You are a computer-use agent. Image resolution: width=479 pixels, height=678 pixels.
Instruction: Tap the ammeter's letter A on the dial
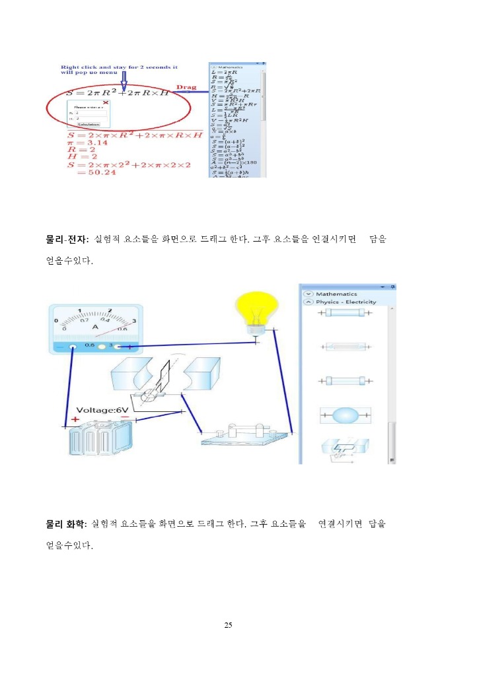click(95, 326)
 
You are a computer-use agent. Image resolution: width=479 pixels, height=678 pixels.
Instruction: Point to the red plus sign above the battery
click(75, 419)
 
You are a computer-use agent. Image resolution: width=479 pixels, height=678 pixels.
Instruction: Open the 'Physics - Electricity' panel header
click(346, 302)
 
